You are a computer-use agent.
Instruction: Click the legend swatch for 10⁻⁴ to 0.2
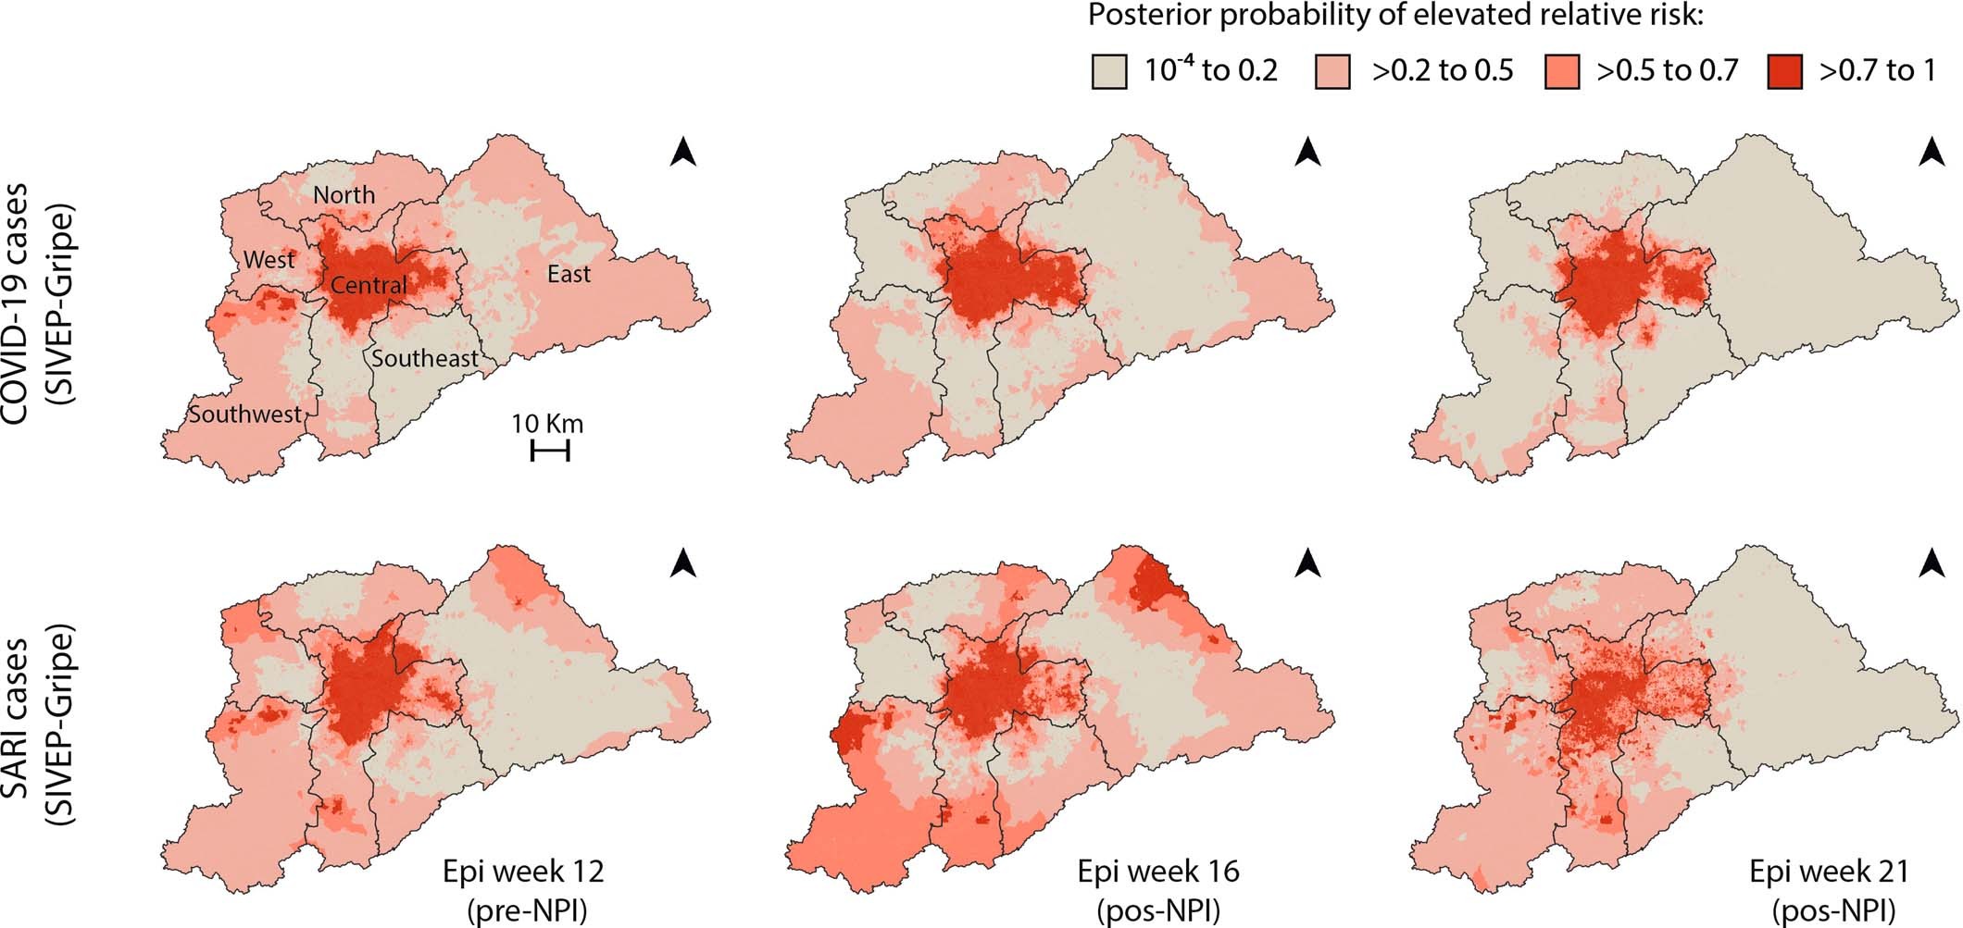(1109, 71)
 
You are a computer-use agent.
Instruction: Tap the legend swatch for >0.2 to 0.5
(1332, 71)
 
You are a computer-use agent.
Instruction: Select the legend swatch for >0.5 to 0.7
(1562, 71)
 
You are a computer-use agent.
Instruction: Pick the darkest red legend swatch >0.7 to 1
(1784, 71)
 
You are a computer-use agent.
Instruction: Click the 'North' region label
(344, 195)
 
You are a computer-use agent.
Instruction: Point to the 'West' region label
(269, 260)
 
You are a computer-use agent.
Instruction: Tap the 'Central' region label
(369, 285)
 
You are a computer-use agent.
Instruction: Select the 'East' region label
(568, 274)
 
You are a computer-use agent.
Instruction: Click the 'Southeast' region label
(425, 358)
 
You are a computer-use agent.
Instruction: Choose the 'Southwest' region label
(245, 414)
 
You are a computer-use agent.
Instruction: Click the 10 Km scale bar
(549, 451)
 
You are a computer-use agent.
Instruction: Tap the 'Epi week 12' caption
(523, 871)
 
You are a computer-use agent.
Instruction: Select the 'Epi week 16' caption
(1157, 871)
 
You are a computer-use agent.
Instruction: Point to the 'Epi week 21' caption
(1829, 871)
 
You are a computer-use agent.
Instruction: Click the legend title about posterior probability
(1395, 16)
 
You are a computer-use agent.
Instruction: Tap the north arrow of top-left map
(682, 152)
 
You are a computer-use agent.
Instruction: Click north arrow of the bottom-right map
(1931, 563)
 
